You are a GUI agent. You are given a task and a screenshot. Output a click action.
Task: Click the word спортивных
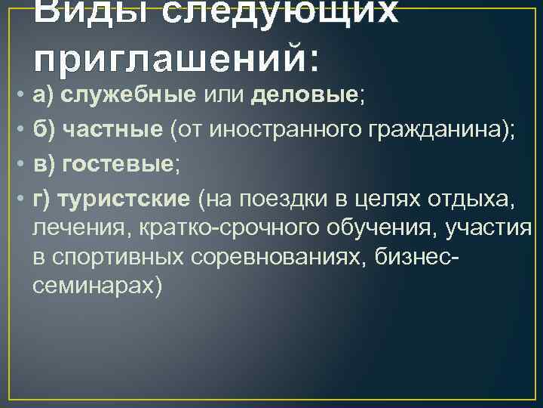(118, 256)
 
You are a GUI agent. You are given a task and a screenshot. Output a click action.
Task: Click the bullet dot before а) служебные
(17, 95)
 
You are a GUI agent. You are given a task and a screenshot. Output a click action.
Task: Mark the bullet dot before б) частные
(17, 130)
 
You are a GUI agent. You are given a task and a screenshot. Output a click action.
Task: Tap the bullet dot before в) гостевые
(17, 165)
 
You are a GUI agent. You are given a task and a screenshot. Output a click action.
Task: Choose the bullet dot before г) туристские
(17, 199)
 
